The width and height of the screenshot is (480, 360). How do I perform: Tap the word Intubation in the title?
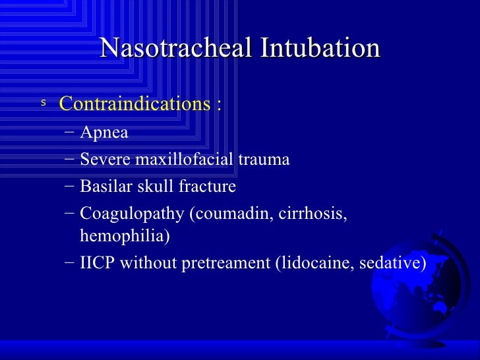tap(320, 49)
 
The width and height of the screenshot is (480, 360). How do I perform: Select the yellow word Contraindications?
tap(135, 104)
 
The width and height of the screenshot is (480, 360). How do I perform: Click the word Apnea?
tap(104, 133)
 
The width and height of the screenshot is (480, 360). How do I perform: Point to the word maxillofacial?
tap(191, 160)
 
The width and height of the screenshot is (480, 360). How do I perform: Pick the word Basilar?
tap(104, 187)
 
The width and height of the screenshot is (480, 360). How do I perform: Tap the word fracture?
tap(206, 187)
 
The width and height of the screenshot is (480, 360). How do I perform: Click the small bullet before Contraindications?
tap(44, 103)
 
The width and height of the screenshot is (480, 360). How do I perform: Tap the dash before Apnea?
tap(71, 133)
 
